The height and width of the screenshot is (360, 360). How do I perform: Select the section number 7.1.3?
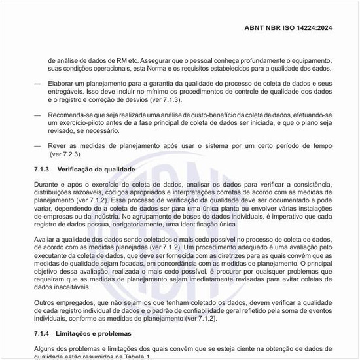[41, 169]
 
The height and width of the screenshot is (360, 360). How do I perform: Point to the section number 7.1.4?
[41, 334]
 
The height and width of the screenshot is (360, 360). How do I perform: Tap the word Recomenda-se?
[72, 114]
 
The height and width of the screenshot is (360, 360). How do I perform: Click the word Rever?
[58, 145]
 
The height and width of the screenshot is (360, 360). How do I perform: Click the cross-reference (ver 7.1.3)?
[155, 101]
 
